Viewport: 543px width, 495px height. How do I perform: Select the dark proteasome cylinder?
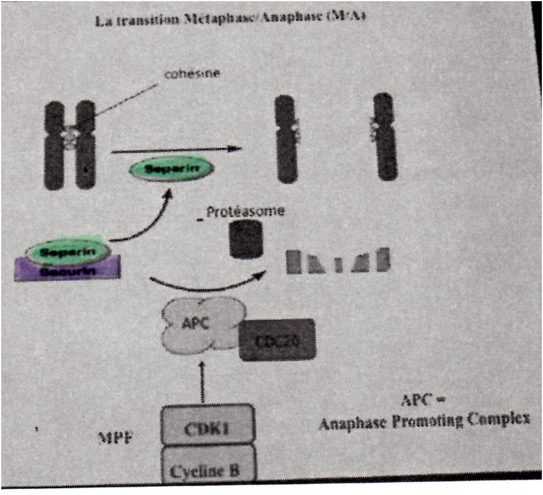click(x=245, y=239)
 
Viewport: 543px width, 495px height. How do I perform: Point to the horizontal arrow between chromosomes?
click(x=174, y=151)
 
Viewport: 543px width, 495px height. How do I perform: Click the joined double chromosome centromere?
click(x=69, y=137)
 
